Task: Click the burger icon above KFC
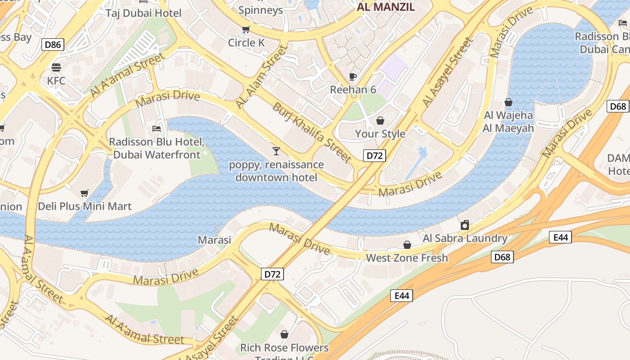pyautogui.click(x=56, y=67)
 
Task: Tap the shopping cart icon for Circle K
pyautogui.click(x=246, y=29)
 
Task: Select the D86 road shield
pyautogui.click(x=53, y=44)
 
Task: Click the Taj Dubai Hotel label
pyautogui.click(x=144, y=13)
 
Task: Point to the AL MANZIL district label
pyautogui.click(x=386, y=7)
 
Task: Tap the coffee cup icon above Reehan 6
pyautogui.click(x=353, y=76)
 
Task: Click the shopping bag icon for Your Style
pyautogui.click(x=380, y=121)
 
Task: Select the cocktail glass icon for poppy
pyautogui.click(x=276, y=151)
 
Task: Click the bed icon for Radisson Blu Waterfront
pyautogui.click(x=157, y=129)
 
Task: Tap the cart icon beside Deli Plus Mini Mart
pyautogui.click(x=84, y=193)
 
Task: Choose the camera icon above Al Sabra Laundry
pyautogui.click(x=465, y=225)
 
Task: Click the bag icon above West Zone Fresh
pyautogui.click(x=407, y=245)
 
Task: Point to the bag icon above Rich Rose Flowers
pyautogui.click(x=284, y=334)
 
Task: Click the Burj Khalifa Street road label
pyautogui.click(x=311, y=132)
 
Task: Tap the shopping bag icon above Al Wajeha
pyautogui.click(x=508, y=102)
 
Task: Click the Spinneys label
pyautogui.click(x=261, y=10)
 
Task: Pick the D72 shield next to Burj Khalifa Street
pyautogui.click(x=374, y=156)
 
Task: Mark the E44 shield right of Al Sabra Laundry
pyautogui.click(x=560, y=237)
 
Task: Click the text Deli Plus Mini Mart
pyautogui.click(x=85, y=207)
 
